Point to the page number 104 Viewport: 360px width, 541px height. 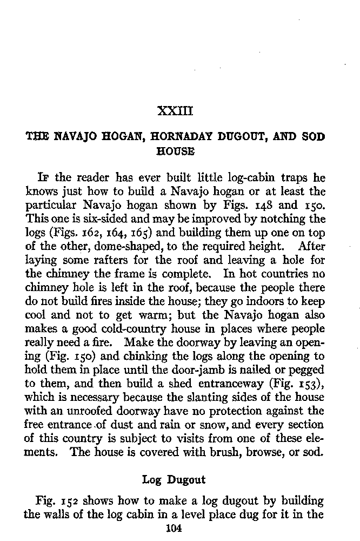coord(174,529)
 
